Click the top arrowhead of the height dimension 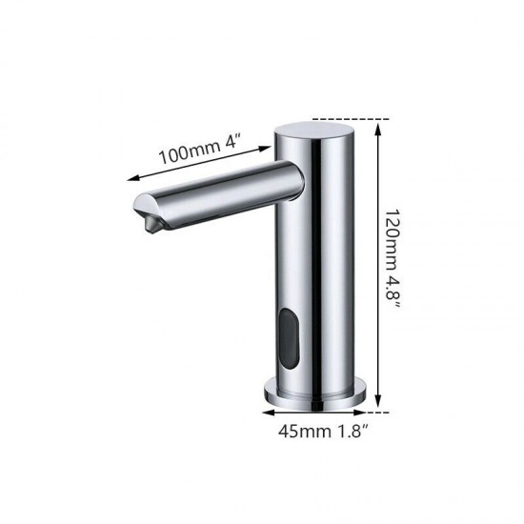(x=378, y=123)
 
